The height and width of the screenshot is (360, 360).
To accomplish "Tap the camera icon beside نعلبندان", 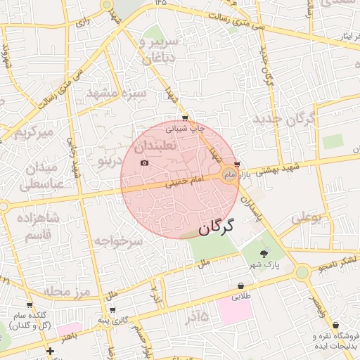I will (x=145, y=163).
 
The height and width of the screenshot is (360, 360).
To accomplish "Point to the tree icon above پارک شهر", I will (x=264, y=253).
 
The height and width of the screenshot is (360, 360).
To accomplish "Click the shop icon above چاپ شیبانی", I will (x=185, y=118).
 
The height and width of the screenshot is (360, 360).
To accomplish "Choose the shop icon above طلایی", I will (x=241, y=286).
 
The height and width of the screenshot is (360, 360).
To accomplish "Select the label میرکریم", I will (x=34, y=132).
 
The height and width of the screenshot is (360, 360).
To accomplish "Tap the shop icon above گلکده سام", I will (x=29, y=305).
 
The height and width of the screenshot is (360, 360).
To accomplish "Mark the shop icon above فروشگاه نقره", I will (x=336, y=326).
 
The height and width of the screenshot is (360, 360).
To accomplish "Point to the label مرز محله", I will (x=67, y=290).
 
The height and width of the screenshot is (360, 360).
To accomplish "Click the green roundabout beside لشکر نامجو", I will (x=302, y=272).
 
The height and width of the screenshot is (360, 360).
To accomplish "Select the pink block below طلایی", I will (x=236, y=309).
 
